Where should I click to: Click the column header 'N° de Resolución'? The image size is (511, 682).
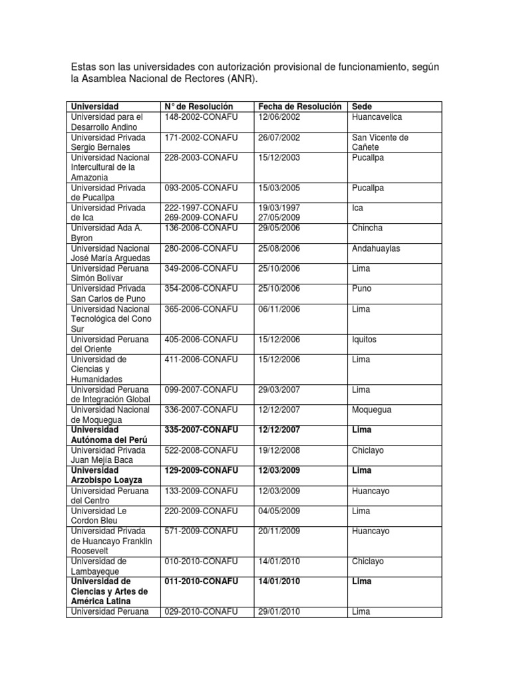click(x=199, y=107)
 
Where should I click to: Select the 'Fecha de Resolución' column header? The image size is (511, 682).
click(x=299, y=107)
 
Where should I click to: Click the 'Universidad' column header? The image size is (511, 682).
click(x=94, y=107)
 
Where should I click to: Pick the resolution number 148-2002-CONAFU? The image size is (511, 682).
click(x=201, y=117)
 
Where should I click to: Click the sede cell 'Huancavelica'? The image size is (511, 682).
click(x=377, y=117)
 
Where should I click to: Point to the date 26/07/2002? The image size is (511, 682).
click(x=279, y=137)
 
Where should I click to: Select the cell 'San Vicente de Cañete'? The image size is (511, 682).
click(x=380, y=142)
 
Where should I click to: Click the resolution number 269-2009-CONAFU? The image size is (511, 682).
click(x=201, y=218)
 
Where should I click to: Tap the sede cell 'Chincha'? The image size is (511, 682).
click(x=367, y=228)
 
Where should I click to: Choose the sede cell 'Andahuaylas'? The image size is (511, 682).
click(x=377, y=248)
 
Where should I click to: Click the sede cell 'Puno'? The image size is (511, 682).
click(x=361, y=288)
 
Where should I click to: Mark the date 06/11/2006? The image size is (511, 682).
click(x=279, y=309)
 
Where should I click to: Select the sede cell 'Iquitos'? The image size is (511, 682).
click(x=364, y=339)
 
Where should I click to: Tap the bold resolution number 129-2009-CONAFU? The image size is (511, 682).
click(x=201, y=470)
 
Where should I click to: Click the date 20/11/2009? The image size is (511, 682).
click(x=279, y=531)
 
